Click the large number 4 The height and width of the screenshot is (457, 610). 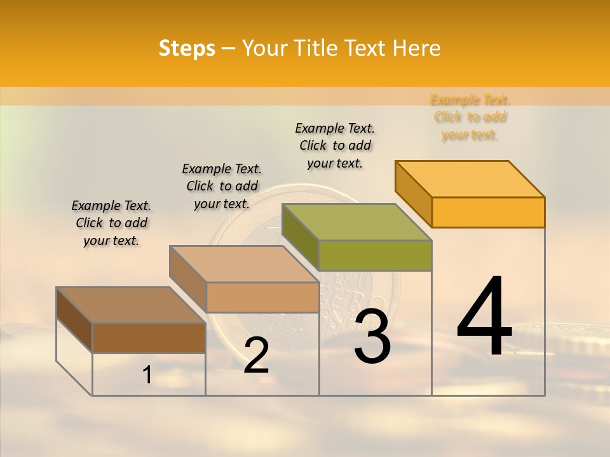click(484, 316)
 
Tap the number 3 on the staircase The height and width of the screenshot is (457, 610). click(372, 337)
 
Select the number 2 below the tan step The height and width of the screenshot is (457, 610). click(256, 355)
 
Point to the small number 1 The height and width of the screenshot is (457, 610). click(147, 375)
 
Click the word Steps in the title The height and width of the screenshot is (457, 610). click(187, 48)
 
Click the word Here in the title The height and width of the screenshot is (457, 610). click(417, 48)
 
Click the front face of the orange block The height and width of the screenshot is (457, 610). click(488, 212)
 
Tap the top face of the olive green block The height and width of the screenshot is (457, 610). click(356, 222)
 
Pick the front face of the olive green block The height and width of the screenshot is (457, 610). click(375, 255)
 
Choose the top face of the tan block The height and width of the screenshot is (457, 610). click(244, 263)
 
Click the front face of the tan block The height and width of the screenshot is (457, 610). click(262, 297)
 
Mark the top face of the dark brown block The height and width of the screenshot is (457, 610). click(130, 305)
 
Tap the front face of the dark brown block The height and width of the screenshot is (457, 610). click(149, 338)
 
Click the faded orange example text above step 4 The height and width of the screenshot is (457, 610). click(470, 117)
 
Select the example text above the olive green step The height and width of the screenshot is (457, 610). click(335, 145)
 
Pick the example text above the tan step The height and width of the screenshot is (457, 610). click(222, 186)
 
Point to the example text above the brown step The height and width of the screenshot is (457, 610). click(111, 223)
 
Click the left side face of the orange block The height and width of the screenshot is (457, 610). click(413, 194)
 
